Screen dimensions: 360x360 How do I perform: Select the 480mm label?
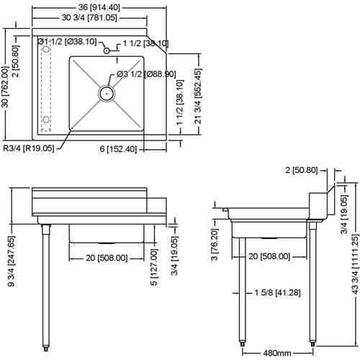click(x=277, y=353)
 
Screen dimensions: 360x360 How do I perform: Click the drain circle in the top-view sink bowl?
click(x=107, y=91)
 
